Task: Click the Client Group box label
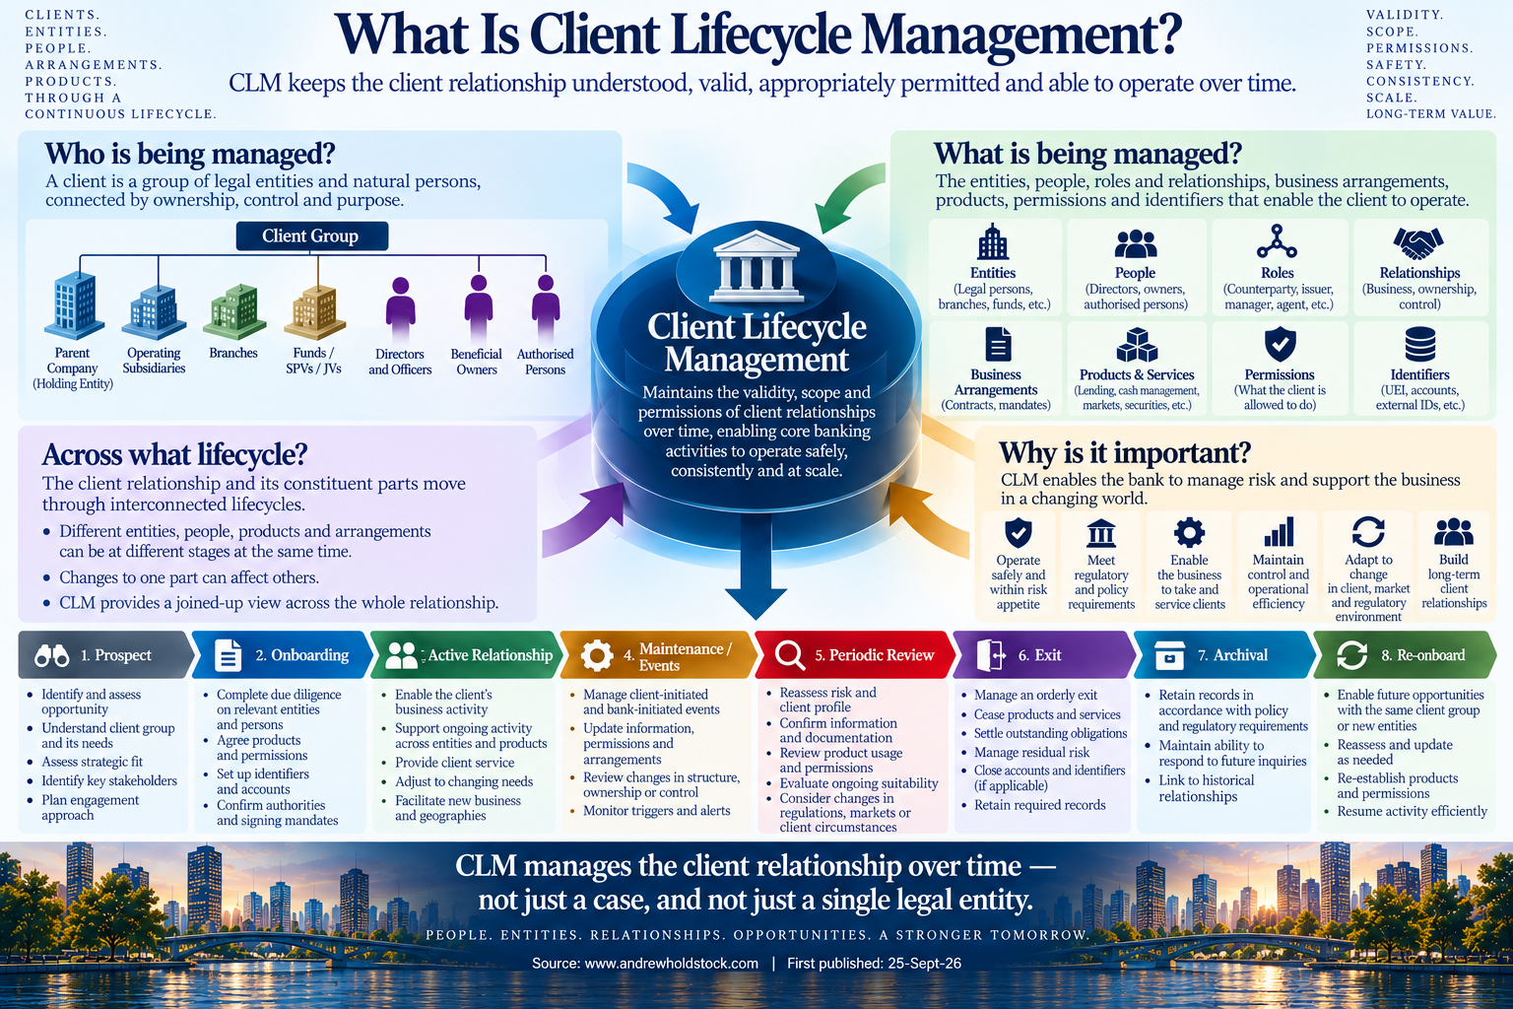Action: (x=311, y=235)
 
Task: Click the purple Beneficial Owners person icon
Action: (x=478, y=308)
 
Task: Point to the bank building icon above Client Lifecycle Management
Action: (x=756, y=266)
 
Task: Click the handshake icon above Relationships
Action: (x=1418, y=243)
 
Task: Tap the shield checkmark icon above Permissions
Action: (x=1280, y=344)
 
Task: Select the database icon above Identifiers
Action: (x=1419, y=344)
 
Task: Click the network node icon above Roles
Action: (x=1277, y=242)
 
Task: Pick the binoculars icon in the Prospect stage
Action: (x=52, y=655)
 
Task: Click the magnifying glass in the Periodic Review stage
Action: (x=789, y=655)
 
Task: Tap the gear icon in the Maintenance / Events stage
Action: (x=597, y=655)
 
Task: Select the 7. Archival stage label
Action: (x=1232, y=655)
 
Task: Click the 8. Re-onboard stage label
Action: (x=1423, y=655)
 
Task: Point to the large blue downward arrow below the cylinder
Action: (x=756, y=565)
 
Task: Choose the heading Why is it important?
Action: (x=1125, y=453)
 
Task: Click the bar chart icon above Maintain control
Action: (x=1279, y=532)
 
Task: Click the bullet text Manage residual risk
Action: (x=1031, y=752)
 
